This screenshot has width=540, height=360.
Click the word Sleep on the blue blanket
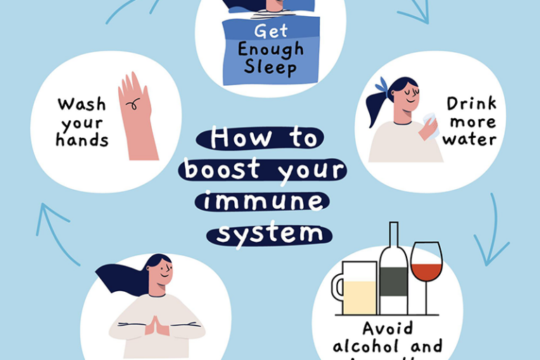[271, 67]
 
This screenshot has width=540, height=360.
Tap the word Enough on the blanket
[271, 50]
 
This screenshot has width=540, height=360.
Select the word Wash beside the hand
[82, 105]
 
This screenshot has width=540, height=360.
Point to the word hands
[82, 140]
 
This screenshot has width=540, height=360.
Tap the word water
[469, 139]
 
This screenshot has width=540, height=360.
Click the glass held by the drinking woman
[430, 124]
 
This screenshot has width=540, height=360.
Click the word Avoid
[387, 328]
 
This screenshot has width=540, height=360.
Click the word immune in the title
[264, 202]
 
